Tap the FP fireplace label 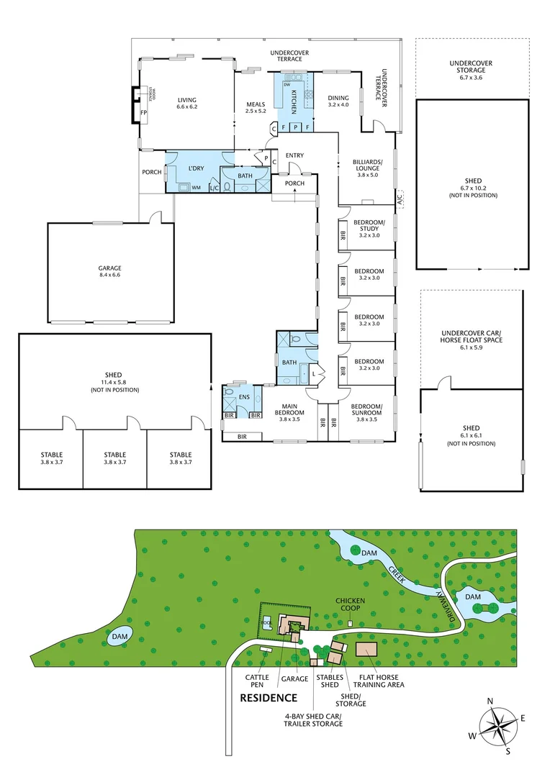[x=144, y=114]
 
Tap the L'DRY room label [x=196, y=168]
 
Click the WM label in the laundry [x=196, y=188]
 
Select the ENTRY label [x=294, y=155]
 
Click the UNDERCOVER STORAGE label [x=471, y=67]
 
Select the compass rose [x=497, y=726]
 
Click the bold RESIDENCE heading [x=268, y=697]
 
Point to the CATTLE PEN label [x=257, y=680]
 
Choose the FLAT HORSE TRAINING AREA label [x=381, y=680]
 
